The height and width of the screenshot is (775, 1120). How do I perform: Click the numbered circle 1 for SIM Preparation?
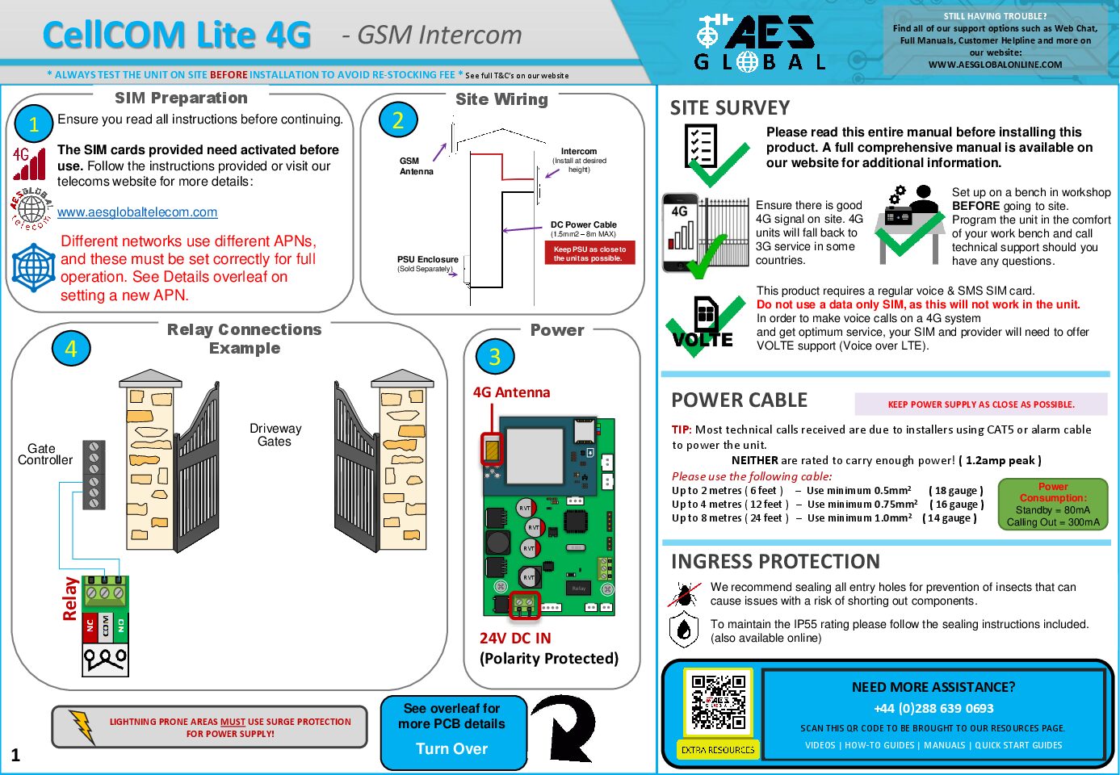34,124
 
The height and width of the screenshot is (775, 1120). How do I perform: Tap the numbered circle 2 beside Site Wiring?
397,120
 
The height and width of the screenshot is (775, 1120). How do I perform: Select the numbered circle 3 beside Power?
494,356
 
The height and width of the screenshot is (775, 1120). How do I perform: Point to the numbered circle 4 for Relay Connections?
71,349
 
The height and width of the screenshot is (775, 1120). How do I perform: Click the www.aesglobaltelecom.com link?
137,212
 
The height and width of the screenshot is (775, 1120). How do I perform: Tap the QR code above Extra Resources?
718,702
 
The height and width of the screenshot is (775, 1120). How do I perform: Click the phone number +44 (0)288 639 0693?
933,709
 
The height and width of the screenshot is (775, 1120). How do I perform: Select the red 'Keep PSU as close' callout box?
589,253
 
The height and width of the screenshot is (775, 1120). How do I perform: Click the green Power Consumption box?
1053,505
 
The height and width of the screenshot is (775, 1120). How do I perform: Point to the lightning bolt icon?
82,727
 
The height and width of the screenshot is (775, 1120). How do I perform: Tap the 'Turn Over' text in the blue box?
452,749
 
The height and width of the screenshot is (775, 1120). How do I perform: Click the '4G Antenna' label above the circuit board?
511,392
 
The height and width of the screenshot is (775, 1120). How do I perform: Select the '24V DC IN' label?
515,639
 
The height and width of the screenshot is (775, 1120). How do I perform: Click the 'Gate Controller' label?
45,455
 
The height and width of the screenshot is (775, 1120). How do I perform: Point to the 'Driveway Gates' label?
275,435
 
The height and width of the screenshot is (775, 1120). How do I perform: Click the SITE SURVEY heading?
730,108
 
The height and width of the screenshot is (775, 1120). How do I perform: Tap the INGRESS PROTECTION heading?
775,562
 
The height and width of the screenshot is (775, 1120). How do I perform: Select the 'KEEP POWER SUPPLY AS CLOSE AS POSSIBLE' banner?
981,404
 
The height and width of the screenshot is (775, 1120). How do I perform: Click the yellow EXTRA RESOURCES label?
718,750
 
